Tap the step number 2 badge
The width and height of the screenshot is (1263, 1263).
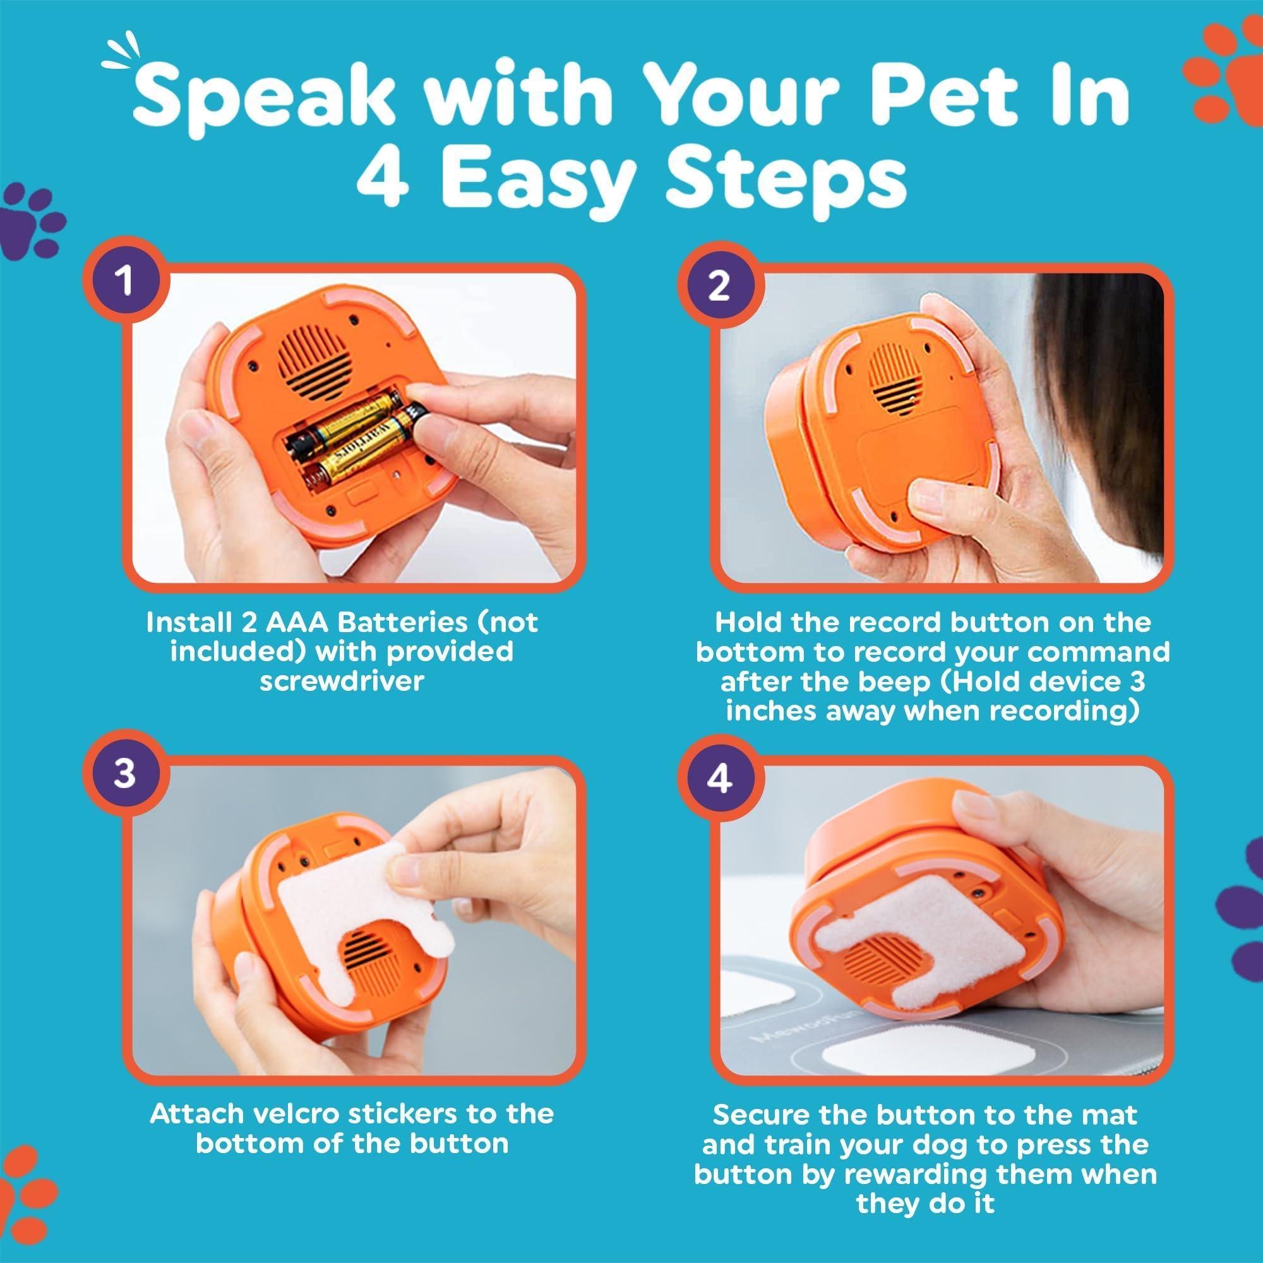coord(718,285)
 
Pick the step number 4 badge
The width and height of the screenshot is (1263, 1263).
coord(719,778)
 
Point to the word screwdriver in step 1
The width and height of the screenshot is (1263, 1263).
coord(341,681)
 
